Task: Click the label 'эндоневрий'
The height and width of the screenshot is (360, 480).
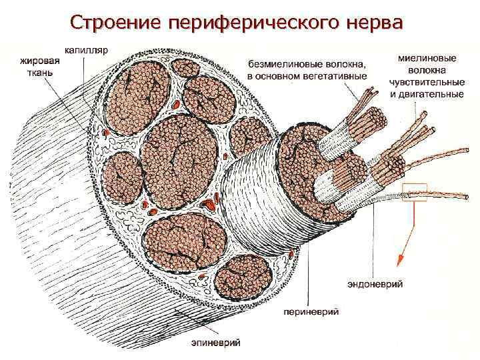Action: pos(375,285)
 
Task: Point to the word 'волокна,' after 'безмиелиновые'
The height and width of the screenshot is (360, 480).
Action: pos(345,65)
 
